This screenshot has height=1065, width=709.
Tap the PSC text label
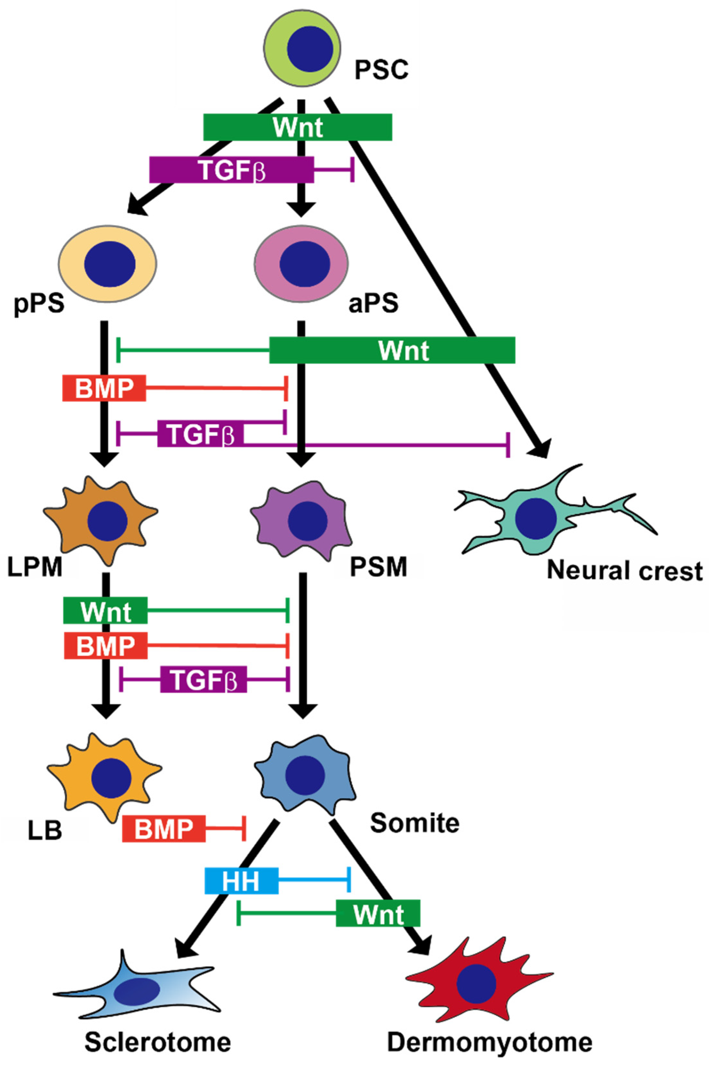[x=381, y=70]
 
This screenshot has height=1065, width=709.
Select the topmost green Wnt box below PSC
[x=298, y=127]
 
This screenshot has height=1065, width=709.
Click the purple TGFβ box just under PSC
[x=231, y=170]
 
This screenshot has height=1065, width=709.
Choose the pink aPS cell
[x=301, y=264]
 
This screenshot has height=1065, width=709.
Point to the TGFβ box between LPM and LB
[x=203, y=679]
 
